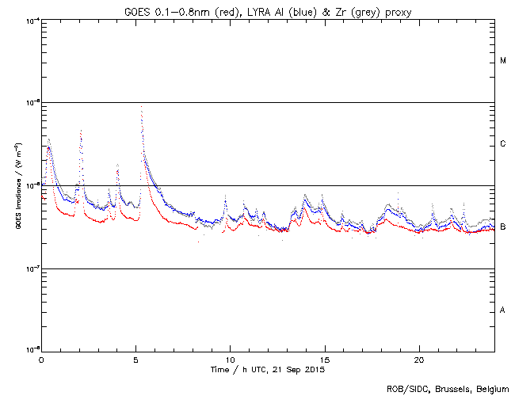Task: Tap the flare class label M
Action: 503,61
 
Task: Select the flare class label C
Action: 503,144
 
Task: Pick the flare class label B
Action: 503,227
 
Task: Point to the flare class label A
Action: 503,310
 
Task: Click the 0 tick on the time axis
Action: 41,359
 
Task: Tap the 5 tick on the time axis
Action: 135,359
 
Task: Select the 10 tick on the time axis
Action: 230,359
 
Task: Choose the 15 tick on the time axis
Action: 324,359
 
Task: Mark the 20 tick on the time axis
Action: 419,359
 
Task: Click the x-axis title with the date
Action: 268,370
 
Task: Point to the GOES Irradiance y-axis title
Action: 17,185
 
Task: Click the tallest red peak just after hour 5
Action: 141,106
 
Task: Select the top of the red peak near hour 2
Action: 81,130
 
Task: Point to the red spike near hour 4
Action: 117,166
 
